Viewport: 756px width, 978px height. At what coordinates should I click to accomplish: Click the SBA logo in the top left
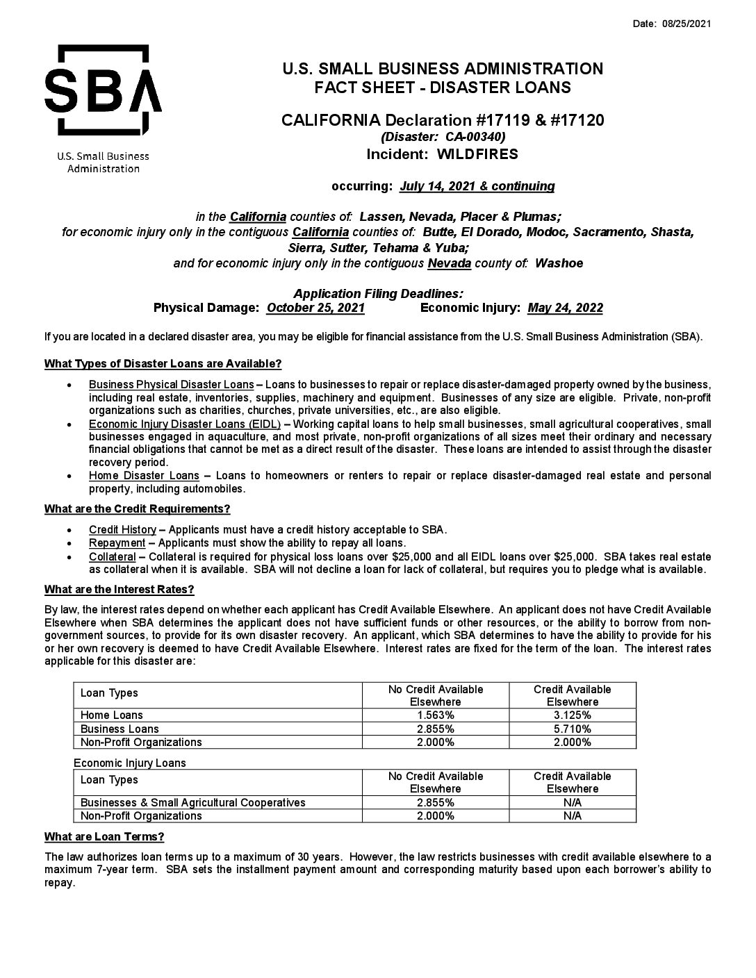pos(103,90)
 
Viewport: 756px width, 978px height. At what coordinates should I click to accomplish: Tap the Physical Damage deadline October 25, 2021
pos(315,308)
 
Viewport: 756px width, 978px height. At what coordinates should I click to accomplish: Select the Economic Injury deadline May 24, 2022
pos(565,308)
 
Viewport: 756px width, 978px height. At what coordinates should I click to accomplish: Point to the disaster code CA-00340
pos(475,137)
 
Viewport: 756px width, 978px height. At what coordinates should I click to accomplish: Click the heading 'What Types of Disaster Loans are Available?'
pos(163,364)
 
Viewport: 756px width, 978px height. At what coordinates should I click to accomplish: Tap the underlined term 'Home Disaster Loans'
pos(144,476)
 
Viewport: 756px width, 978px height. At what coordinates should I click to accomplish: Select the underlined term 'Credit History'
pos(122,530)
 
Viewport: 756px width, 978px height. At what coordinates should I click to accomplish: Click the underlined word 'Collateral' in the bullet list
pos(112,557)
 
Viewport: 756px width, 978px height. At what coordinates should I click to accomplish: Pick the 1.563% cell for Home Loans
pos(435,715)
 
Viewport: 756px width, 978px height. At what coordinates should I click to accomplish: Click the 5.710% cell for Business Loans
pos(572,729)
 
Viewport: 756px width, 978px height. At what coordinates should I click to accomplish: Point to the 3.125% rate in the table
pos(572,715)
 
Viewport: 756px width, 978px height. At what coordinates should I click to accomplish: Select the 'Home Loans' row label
pos(112,715)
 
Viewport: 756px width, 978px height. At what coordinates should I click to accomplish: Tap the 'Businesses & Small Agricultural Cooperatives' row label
pos(192,803)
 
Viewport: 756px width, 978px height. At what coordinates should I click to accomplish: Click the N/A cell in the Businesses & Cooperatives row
pos(572,803)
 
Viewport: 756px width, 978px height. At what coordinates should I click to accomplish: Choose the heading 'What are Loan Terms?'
pos(104,836)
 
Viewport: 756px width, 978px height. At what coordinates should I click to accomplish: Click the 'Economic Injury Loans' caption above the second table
pos(129,763)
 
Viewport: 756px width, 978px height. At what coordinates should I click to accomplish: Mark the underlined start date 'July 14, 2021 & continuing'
pos(477,186)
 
